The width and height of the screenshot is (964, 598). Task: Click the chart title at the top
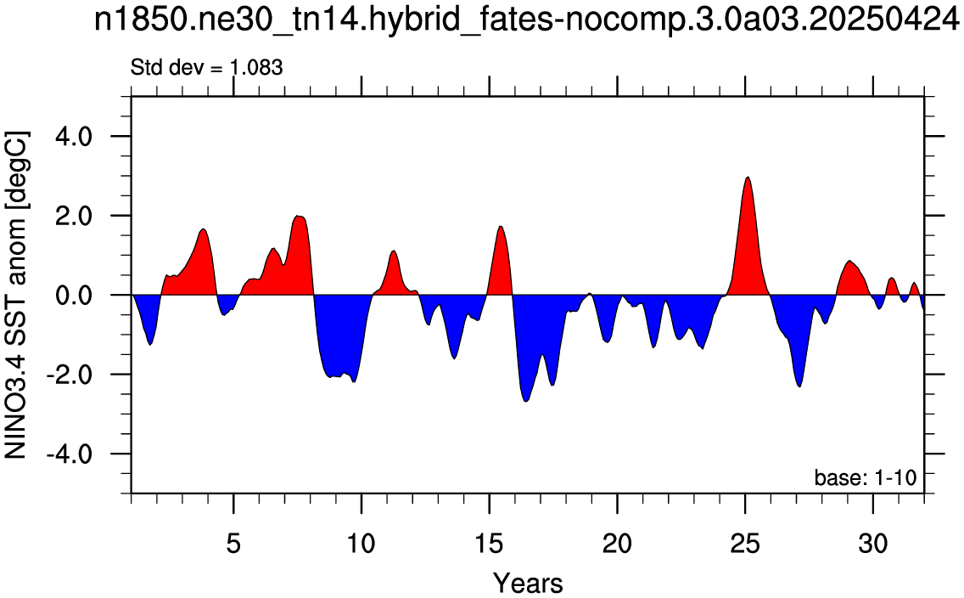[528, 21]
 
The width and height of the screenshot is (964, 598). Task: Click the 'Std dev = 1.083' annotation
[206, 67]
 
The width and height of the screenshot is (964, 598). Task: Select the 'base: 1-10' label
[865, 477]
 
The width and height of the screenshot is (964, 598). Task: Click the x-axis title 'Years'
[528, 582]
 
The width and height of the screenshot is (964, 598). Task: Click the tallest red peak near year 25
[748, 178]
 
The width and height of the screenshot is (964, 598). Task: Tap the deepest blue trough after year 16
[526, 401]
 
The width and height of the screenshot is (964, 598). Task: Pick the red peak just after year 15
[501, 227]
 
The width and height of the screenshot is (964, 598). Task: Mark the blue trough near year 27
[799, 386]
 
